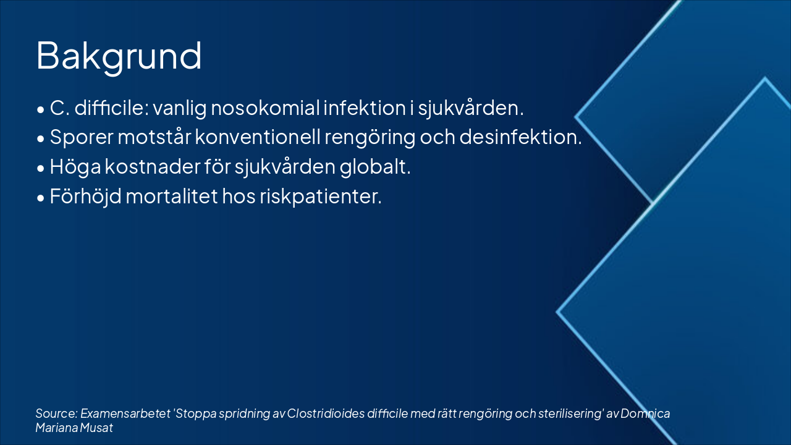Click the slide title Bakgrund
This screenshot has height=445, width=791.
pos(119,56)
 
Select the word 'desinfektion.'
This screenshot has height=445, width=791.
pos(520,137)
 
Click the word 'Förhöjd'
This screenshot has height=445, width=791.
pos(87,197)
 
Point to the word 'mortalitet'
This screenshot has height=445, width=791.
pos(174,197)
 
